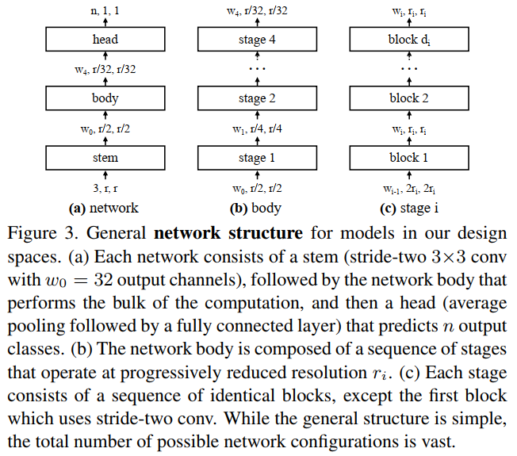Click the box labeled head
105,40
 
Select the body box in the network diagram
105,98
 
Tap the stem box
105,158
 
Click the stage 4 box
256,40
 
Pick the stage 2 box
256,98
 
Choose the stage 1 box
256,158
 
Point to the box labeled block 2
408,98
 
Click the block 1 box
408,158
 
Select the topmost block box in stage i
408,40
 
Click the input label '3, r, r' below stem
105,189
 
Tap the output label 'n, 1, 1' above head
105,10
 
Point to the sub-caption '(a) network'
105,209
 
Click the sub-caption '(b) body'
256,209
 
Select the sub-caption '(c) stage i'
408,209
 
